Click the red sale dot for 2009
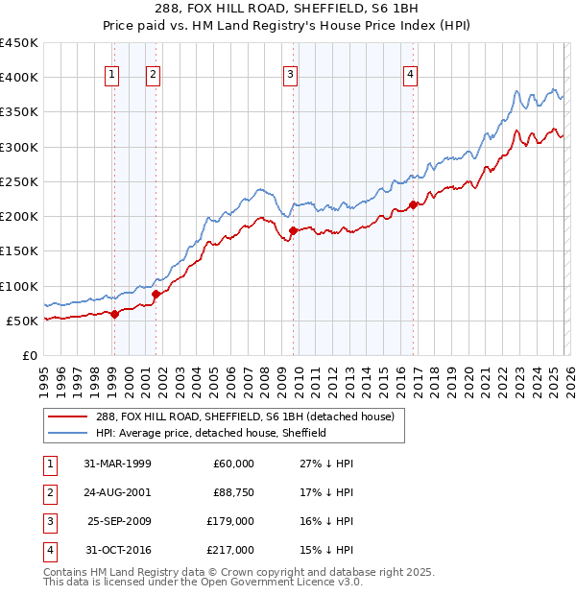click(x=293, y=229)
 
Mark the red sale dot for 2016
click(x=413, y=204)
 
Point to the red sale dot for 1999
click(x=115, y=313)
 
